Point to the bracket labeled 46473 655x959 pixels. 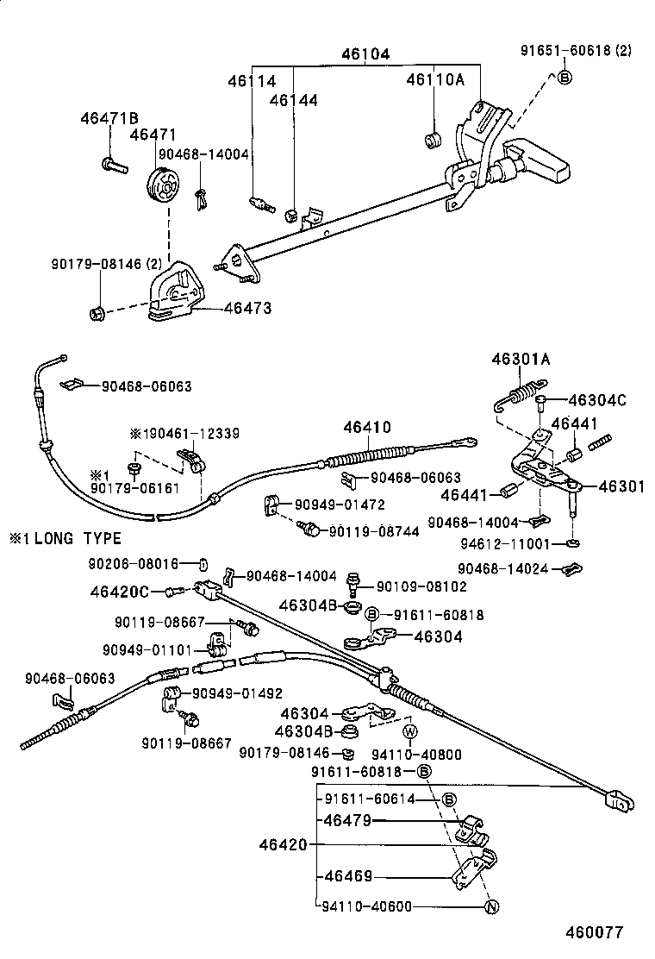tap(177, 293)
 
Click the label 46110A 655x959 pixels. tap(435, 80)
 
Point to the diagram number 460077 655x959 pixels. tap(594, 932)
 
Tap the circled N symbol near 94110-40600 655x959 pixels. tap(490, 906)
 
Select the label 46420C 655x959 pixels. tap(120, 591)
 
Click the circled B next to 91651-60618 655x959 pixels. tap(565, 78)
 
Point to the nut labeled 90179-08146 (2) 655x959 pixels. tap(97, 310)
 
